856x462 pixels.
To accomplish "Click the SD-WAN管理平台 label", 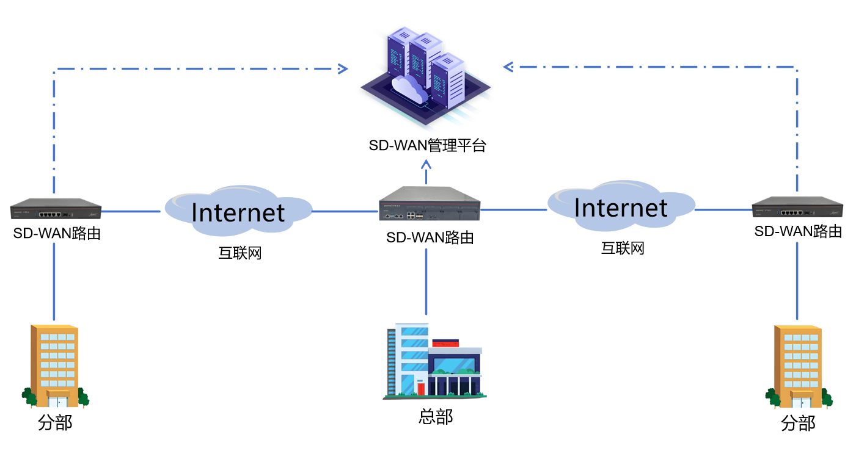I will pos(427,146).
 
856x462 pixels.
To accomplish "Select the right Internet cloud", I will pos(620,208).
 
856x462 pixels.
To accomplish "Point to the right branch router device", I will pos(797,208).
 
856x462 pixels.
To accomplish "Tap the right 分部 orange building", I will pos(798,366).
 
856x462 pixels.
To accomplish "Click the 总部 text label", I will pos(436,417).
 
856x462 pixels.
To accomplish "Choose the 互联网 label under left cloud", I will pos(240,253).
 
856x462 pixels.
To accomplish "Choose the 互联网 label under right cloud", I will pos(623,248).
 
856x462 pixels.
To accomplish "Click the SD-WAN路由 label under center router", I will pos(430,237).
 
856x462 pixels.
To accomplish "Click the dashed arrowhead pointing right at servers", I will pos(343,69).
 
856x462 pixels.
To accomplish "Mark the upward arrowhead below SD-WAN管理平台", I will pos(426,164).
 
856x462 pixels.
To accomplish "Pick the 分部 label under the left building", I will pos(55,423).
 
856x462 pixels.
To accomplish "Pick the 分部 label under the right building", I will pos(798,423).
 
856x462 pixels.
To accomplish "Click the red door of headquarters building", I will pos(421,388).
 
